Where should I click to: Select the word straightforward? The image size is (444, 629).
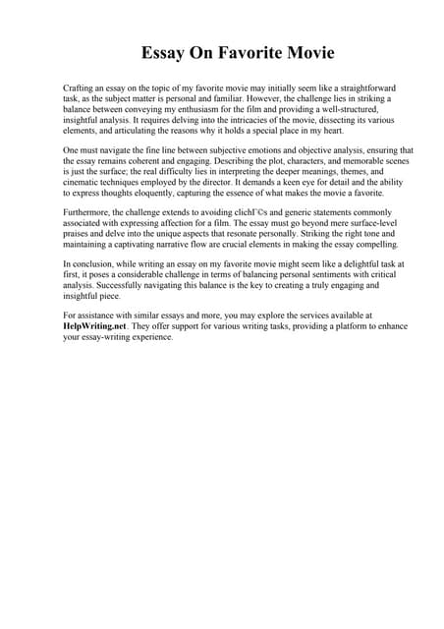[350, 88]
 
